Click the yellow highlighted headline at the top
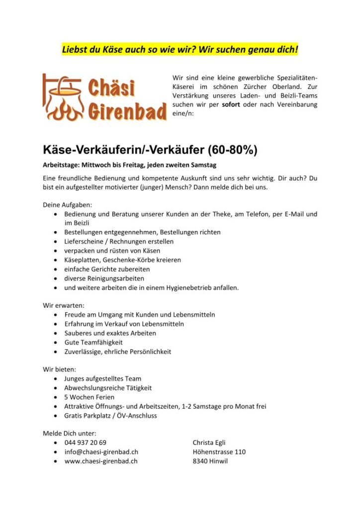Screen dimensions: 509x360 (180, 50)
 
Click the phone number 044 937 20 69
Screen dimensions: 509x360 (85, 442)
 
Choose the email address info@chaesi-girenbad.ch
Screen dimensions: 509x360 (101, 452)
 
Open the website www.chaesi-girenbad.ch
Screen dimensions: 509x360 (101, 461)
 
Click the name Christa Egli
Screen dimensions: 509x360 (209, 442)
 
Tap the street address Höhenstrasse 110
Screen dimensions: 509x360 (219, 452)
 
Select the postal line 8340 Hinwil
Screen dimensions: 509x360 (210, 461)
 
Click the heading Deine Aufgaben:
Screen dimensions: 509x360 (68, 205)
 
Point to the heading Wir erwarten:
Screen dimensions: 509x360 (63, 306)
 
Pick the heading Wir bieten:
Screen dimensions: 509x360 (60, 369)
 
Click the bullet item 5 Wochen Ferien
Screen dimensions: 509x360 (89, 397)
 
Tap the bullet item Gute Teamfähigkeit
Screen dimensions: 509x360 (93, 342)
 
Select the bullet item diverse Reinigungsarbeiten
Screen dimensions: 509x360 (104, 278)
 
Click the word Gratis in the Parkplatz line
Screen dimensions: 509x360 (74, 416)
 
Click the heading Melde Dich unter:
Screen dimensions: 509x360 (70, 433)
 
